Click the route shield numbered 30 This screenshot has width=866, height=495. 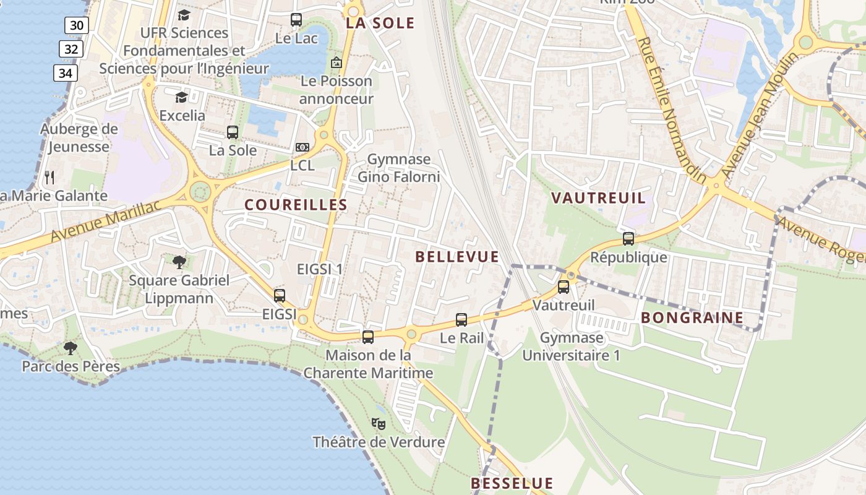pyautogui.click(x=77, y=25)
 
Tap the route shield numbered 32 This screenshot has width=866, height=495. pyautogui.click(x=71, y=49)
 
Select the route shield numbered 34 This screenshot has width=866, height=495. pyautogui.click(x=65, y=73)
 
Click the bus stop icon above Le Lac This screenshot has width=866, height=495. pyautogui.click(x=296, y=20)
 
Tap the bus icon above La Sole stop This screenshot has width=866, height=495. pyautogui.click(x=233, y=132)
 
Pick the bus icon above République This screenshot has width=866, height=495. pyautogui.click(x=628, y=239)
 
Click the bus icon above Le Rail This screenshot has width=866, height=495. pyautogui.click(x=461, y=320)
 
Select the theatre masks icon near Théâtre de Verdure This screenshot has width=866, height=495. pyautogui.click(x=379, y=424)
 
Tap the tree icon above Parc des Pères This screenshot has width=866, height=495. pyautogui.click(x=71, y=348)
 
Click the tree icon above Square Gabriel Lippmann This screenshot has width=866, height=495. pyautogui.click(x=179, y=262)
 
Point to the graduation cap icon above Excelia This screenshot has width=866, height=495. pyautogui.click(x=181, y=97)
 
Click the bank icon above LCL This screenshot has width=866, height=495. pyautogui.click(x=302, y=147)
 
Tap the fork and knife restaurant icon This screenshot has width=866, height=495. pyautogui.click(x=50, y=178)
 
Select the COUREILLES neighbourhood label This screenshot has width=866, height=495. pyautogui.click(x=296, y=205)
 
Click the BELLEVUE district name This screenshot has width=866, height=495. pyautogui.click(x=457, y=257)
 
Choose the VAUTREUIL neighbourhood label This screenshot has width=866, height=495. pyautogui.click(x=598, y=198)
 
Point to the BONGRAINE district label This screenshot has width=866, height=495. pyautogui.click(x=692, y=318)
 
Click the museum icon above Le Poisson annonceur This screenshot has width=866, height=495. pyautogui.click(x=337, y=62)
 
